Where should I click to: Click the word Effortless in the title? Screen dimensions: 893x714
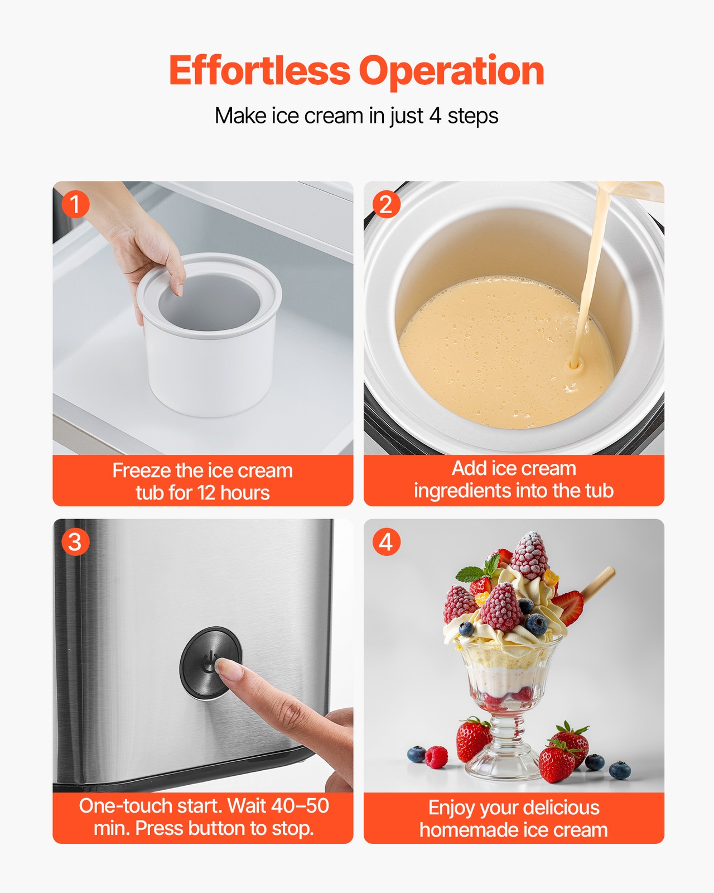coord(259,71)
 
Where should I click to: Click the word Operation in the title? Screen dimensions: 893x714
coord(451,71)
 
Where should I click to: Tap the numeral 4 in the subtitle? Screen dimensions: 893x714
coord(435,116)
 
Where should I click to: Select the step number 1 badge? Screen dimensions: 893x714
coord(75,204)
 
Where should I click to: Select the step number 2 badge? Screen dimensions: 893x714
coord(386,204)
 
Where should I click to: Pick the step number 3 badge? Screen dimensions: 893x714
coord(75,542)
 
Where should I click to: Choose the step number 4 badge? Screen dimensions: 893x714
coord(386,542)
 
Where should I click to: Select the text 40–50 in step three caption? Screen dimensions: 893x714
coord(300,805)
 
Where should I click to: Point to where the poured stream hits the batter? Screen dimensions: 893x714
coord(574,366)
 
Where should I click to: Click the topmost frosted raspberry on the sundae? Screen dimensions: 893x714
coord(530,555)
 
